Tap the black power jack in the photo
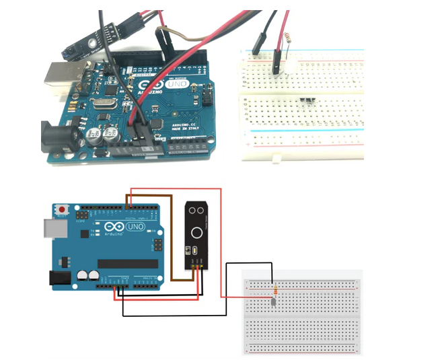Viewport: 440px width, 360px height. pos(57,135)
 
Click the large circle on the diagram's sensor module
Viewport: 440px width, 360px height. pos(196,233)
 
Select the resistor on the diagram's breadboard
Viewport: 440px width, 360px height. pos(274,290)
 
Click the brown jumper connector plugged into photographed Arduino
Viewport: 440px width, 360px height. pos(162,32)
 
